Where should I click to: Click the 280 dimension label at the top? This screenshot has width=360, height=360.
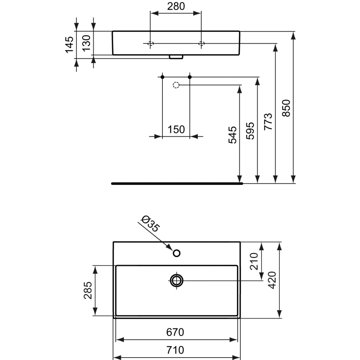(x=176, y=6)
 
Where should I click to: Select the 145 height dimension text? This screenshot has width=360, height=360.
(x=69, y=45)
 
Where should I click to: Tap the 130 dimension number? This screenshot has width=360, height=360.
(x=86, y=43)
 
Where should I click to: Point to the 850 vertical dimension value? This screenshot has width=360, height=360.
(x=286, y=108)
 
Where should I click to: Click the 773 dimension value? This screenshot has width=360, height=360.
(x=268, y=122)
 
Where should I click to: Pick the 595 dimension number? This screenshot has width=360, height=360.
(x=250, y=131)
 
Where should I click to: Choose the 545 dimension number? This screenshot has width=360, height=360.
(x=232, y=135)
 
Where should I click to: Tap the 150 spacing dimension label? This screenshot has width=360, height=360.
(x=176, y=129)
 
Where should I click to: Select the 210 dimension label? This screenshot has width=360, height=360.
(x=254, y=261)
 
